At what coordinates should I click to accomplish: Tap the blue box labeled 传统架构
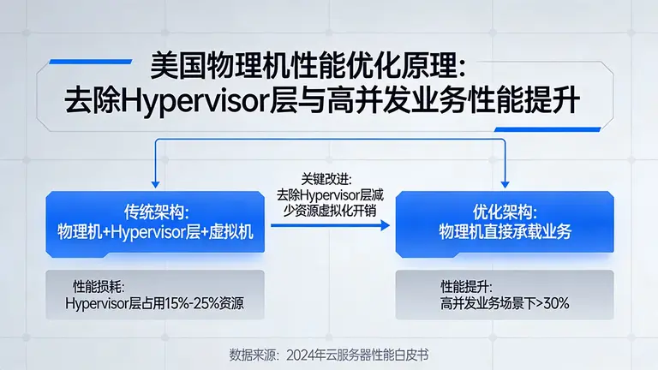click(155, 222)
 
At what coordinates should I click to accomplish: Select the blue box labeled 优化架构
click(505, 222)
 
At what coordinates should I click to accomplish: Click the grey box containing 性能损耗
click(155, 294)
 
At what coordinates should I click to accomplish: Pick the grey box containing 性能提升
click(505, 294)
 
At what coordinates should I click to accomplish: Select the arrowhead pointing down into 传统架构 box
click(155, 182)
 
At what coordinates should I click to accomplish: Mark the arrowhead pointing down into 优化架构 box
click(505, 182)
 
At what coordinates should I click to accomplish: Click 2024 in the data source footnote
click(302, 354)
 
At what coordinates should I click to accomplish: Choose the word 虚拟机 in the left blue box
click(233, 231)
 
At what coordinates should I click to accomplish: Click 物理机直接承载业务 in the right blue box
click(505, 231)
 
